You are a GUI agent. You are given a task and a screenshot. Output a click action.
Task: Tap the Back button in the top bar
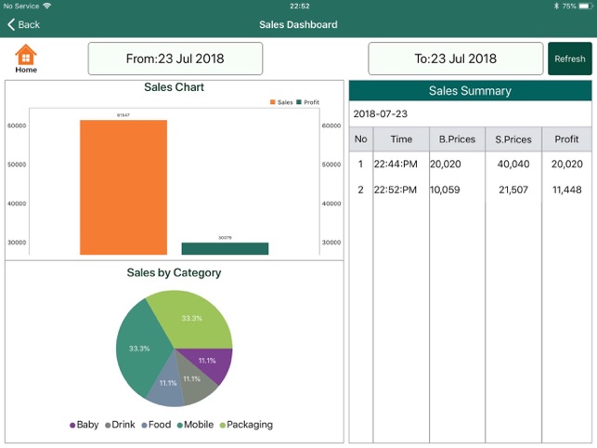point(24,24)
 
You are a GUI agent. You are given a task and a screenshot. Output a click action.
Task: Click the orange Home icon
point(26,56)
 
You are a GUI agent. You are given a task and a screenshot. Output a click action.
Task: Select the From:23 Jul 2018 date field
point(175,59)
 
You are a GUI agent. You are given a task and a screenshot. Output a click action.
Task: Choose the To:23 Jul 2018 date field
point(455,59)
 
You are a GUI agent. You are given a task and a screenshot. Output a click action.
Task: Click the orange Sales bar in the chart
point(123,186)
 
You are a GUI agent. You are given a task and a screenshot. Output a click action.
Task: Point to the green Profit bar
point(225,248)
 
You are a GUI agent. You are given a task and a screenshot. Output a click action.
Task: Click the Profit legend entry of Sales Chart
point(307,102)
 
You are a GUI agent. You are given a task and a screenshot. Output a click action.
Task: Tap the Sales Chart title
point(174,87)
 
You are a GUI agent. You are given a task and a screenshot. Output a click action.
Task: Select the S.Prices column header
point(513,139)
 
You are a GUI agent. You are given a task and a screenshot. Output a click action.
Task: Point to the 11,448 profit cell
point(566,190)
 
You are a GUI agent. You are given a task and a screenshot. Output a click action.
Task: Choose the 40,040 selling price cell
point(513,165)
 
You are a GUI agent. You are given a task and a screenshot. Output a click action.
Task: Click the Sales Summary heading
point(470,91)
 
